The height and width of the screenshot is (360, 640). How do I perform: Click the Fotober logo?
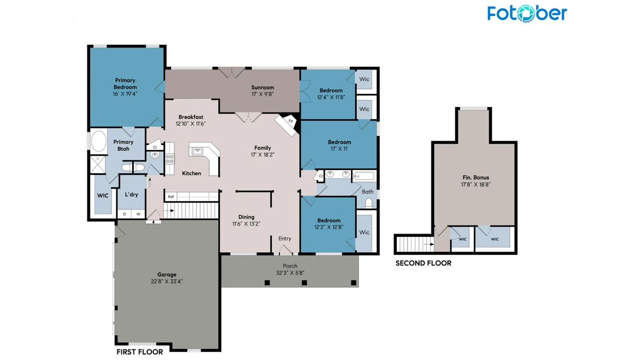[x=527, y=13]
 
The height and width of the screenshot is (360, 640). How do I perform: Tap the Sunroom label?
[x=262, y=87]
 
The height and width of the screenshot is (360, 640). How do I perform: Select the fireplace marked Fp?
[x=286, y=125]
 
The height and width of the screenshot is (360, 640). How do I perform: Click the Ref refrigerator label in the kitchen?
[x=171, y=197]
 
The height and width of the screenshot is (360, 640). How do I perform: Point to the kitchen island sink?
[x=197, y=151]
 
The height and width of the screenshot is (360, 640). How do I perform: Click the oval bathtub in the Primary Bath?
[x=99, y=141]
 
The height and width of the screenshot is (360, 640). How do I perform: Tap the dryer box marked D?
[x=125, y=214]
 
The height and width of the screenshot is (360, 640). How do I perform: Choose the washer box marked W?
[x=138, y=214]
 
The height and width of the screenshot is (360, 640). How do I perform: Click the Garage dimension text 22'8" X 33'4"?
[x=167, y=282]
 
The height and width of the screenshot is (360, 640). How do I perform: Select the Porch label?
[x=290, y=266]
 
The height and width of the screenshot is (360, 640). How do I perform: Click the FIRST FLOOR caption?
[x=140, y=351]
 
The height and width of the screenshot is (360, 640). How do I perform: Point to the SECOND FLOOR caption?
[x=423, y=263]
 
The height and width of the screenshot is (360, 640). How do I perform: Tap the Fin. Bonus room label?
[x=476, y=178]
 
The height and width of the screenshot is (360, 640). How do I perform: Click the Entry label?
[x=285, y=238]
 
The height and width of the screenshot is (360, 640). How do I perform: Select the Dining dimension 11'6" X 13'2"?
[x=246, y=224]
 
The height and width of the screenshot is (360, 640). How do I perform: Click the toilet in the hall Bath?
[x=369, y=203]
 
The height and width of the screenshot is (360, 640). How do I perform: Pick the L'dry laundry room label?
[x=131, y=195]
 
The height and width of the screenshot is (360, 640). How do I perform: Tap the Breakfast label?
[x=191, y=117]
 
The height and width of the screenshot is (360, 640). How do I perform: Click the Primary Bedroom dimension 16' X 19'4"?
[x=125, y=94]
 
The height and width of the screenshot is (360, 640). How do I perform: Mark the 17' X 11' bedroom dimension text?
[x=339, y=149]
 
